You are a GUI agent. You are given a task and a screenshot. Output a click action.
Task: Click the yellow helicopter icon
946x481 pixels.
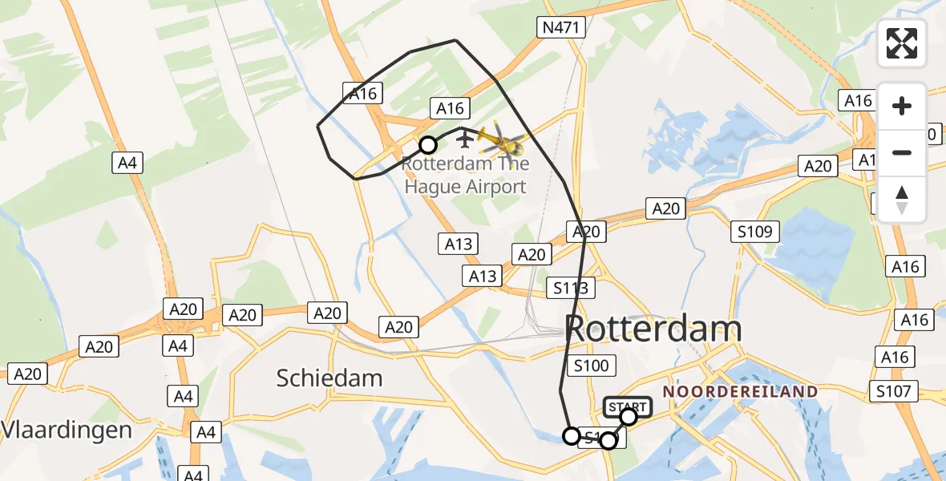pyautogui.click(x=501, y=142)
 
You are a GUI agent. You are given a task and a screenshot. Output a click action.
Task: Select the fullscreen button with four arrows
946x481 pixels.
pyautogui.click(x=902, y=43)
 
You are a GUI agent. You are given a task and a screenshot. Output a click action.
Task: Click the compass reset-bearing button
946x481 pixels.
pyautogui.click(x=902, y=200)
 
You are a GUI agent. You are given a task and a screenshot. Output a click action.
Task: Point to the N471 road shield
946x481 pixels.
pyautogui.click(x=561, y=27)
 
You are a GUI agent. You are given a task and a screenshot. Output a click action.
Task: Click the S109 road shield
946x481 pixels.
pyautogui.click(x=755, y=232)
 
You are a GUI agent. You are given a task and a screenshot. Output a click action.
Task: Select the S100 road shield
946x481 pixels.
pyautogui.click(x=592, y=366)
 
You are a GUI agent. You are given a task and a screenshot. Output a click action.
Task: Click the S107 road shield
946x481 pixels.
pyautogui.click(x=894, y=392)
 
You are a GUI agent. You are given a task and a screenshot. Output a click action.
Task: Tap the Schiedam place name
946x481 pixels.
pyautogui.click(x=329, y=378)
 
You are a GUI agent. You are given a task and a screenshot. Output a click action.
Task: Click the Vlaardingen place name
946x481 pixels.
pyautogui.click(x=66, y=430)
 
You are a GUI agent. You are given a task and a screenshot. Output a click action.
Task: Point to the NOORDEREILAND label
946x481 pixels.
pyautogui.click(x=741, y=392)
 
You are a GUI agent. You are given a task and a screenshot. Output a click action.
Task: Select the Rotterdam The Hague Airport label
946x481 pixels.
pyautogui.click(x=466, y=176)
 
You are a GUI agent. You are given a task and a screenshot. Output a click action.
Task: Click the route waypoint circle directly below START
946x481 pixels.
pyautogui.click(x=608, y=441)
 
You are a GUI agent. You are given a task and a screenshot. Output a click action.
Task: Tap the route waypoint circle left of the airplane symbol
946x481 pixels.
pyautogui.click(x=428, y=145)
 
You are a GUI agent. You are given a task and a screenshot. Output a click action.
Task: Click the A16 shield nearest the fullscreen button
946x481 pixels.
pyautogui.click(x=858, y=101)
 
